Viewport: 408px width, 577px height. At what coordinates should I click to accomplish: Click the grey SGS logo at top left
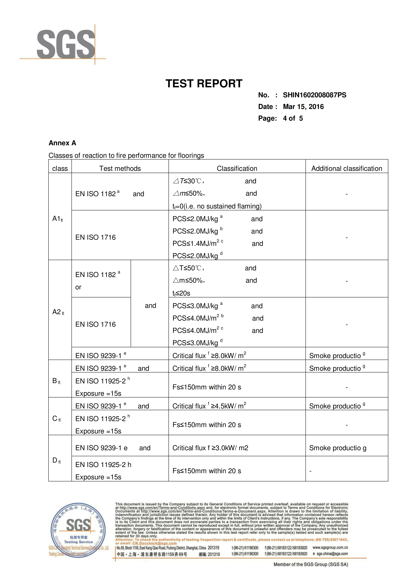pos(66,44)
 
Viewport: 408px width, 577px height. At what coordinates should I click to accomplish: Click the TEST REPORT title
pos(204,83)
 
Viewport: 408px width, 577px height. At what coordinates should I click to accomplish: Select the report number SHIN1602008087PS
pos(314,95)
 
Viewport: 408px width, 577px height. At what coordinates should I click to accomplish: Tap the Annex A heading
pos(62,143)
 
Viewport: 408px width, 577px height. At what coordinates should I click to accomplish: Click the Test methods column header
pos(120,168)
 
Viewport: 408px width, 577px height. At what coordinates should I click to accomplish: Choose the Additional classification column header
pos(346,168)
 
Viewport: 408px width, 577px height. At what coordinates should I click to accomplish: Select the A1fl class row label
pos(58,219)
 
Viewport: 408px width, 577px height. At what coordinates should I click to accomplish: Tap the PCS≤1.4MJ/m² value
pos(198,243)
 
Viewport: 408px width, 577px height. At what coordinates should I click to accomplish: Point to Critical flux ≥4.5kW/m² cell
pos(209,406)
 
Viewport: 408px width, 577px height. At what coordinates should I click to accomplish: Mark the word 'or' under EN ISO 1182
pos(78,287)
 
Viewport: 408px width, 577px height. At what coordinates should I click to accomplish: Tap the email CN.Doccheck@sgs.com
pos(154,543)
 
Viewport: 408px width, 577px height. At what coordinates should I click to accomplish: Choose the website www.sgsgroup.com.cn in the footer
pos(330,548)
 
